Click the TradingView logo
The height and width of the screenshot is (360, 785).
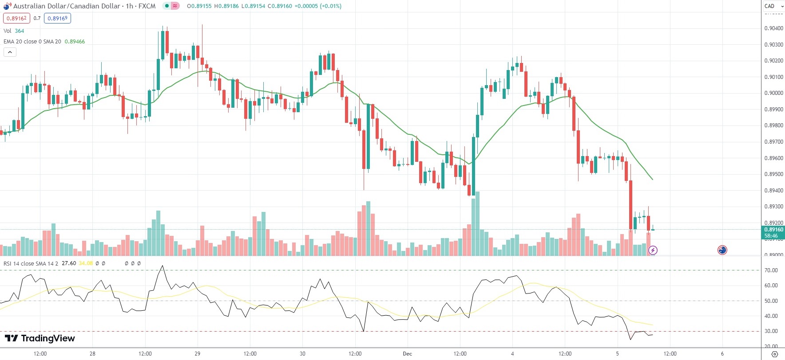pyautogui.click(x=40, y=338)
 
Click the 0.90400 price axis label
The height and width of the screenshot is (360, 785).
pyautogui.click(x=773, y=28)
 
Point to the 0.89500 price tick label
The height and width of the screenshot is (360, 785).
pyautogui.click(x=773, y=174)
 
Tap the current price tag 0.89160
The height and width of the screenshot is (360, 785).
pyautogui.click(x=773, y=230)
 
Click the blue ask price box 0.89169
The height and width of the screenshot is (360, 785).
pyautogui.click(x=57, y=18)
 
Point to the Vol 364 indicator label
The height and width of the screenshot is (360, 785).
pyautogui.click(x=14, y=31)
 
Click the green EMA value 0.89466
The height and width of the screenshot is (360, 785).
pyautogui.click(x=75, y=42)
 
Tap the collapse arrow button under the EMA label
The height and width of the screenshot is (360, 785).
pyautogui.click(x=10, y=52)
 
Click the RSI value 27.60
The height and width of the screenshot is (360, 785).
pyautogui.click(x=69, y=263)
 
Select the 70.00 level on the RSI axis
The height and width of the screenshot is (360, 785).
pyautogui.click(x=771, y=270)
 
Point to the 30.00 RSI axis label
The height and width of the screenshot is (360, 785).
pyautogui.click(x=771, y=331)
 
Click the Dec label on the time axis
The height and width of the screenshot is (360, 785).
pyautogui.click(x=407, y=354)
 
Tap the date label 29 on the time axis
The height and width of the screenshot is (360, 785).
pyautogui.click(x=198, y=354)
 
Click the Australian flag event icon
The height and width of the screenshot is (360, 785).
pyautogui.click(x=722, y=250)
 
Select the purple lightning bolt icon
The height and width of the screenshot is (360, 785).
pyautogui.click(x=653, y=250)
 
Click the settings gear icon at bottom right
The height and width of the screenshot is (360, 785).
pyautogui.click(x=774, y=354)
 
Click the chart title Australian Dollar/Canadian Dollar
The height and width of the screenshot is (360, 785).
pyautogui.click(x=67, y=6)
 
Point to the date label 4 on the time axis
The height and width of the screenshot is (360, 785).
pyautogui.click(x=512, y=354)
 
